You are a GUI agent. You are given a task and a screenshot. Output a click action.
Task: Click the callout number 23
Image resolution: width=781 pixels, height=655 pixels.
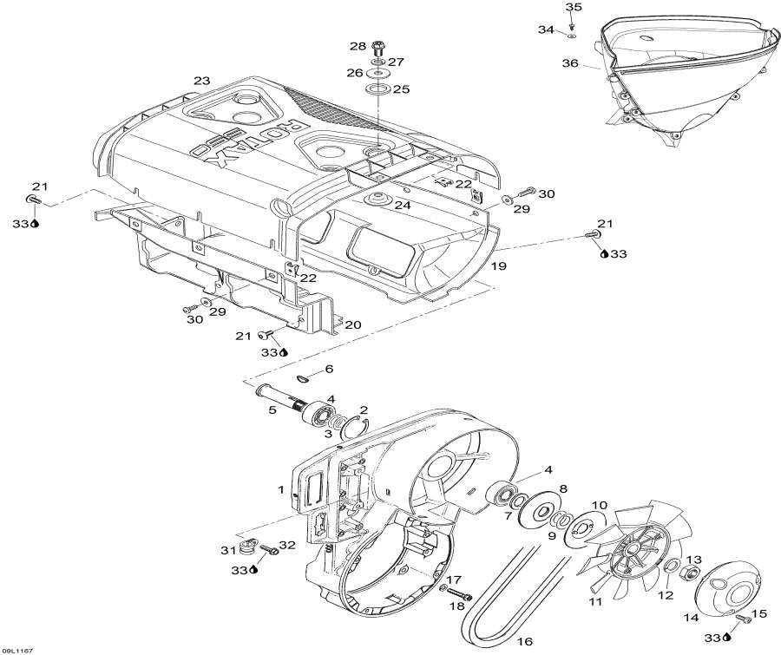point(201,81)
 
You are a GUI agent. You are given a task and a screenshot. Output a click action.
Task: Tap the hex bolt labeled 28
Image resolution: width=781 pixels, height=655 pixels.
point(378,48)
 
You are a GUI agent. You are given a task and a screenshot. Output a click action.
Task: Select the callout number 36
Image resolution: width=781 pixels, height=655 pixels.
point(570,63)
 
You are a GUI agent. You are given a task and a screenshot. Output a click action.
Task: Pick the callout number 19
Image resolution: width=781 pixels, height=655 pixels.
point(499,266)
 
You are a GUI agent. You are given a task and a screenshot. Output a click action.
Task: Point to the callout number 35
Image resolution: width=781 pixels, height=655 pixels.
point(574,7)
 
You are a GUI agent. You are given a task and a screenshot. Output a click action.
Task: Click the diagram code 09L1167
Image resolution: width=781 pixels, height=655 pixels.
point(17,650)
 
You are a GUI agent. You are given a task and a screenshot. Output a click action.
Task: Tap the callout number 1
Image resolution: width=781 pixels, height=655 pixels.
point(281,489)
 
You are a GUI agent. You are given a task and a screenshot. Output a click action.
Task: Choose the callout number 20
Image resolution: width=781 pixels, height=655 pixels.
point(352,324)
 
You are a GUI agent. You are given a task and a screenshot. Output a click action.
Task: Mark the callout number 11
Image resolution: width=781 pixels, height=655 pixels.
point(595,601)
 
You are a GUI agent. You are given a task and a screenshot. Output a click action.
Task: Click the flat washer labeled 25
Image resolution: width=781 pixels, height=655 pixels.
point(378,89)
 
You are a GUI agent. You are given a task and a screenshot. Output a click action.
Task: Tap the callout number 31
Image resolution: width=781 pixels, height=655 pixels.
point(228,550)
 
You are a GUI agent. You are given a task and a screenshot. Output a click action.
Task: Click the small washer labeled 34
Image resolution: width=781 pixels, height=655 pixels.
point(571,36)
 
